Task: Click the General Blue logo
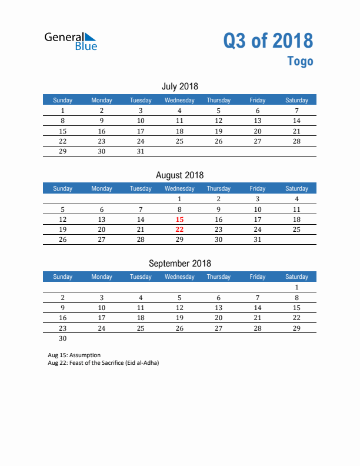71,41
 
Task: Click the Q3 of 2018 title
268,41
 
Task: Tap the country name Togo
300,61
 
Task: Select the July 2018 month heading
179,86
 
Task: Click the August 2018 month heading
179,175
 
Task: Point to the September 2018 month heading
179,263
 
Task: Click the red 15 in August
179,219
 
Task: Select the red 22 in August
179,229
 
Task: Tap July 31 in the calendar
141,151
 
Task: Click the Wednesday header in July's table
179,100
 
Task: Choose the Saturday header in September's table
296,277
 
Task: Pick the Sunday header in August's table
62,188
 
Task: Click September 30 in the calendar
62,338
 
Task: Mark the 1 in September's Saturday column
296,288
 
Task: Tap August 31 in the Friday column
257,239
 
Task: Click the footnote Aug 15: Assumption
74,355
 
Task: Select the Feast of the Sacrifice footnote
104,362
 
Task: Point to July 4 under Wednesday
179,111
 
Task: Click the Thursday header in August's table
218,188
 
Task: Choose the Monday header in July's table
102,100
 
